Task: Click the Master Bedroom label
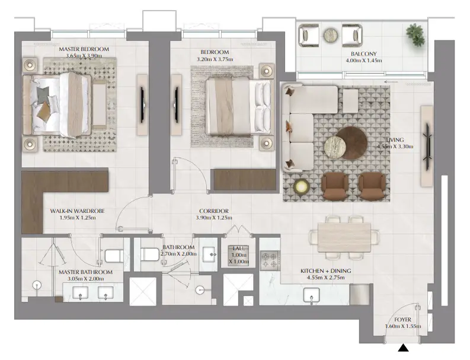[84, 49]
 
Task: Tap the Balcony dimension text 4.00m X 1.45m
[363, 60]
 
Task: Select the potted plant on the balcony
[415, 35]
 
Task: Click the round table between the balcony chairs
[331, 36]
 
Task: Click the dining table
[344, 237]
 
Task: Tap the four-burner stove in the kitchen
[270, 260]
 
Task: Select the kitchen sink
[311, 295]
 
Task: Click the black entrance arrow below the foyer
[403, 348]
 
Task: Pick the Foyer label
[402, 320]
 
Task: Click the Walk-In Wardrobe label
[77, 211]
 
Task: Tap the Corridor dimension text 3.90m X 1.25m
[214, 218]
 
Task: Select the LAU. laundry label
[239, 249]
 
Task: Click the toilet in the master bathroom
[114, 256]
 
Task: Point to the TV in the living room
[427, 146]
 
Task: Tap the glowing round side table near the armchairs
[302, 187]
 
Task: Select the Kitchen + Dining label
[325, 271]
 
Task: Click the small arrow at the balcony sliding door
[391, 82]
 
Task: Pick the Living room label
[395, 140]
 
